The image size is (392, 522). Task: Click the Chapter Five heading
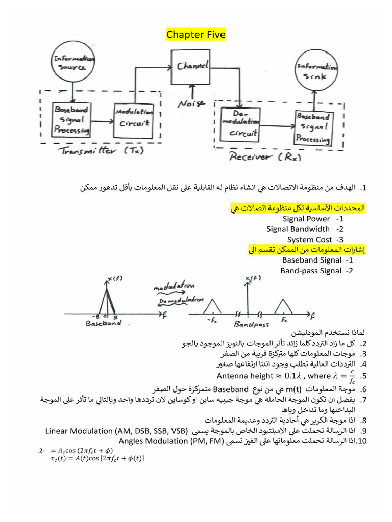195,35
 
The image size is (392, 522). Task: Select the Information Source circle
73,63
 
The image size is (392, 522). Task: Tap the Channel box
192,67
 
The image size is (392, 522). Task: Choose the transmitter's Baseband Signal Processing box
71,119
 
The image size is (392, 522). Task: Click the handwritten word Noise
191,104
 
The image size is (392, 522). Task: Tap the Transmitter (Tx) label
102,150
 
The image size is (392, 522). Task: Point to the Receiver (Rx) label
265,158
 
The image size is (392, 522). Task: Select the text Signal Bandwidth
298,229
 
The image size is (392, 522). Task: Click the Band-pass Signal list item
310,271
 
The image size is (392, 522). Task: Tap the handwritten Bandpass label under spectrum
251,324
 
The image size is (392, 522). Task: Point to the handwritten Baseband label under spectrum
104,323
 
